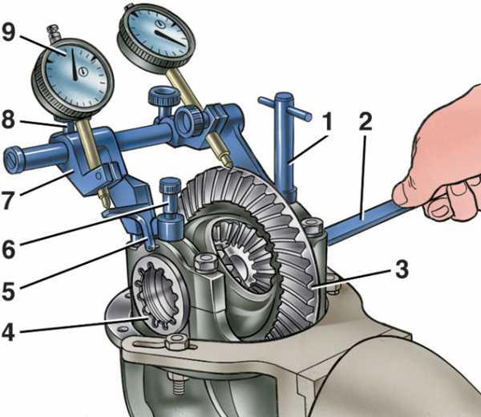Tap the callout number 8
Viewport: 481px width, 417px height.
(8, 120)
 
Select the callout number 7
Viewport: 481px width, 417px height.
(8, 200)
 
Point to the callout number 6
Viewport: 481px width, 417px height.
(8, 249)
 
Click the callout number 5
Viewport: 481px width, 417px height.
(8, 290)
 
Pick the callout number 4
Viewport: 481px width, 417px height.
(8, 332)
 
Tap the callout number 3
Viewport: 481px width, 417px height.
(402, 269)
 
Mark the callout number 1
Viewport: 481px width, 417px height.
(328, 122)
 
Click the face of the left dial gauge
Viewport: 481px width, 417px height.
(74, 74)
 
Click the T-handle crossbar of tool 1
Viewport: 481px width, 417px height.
(285, 108)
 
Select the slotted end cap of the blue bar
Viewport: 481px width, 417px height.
(13, 160)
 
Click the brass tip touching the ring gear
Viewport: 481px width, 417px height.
(226, 160)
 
